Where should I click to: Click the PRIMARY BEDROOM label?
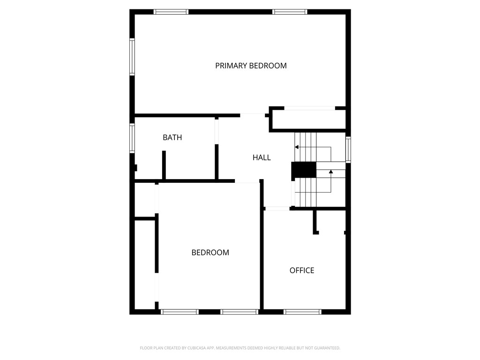251,66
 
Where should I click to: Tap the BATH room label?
172,137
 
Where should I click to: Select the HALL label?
262,157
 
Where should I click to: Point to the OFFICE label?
301,270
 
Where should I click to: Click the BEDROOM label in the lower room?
210,253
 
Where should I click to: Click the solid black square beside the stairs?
304,170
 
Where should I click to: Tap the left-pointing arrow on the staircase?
297,147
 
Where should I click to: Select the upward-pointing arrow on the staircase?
331,172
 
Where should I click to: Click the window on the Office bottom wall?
302,312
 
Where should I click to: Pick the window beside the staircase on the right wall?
348,150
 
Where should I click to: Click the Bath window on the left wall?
132,138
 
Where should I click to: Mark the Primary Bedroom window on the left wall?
132,57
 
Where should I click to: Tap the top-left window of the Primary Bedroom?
171,12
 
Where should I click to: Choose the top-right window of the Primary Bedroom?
290,12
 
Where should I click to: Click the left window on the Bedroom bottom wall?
180,312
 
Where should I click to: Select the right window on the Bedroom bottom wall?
240,312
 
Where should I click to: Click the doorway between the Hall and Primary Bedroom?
253,114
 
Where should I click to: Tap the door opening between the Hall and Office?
277,208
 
